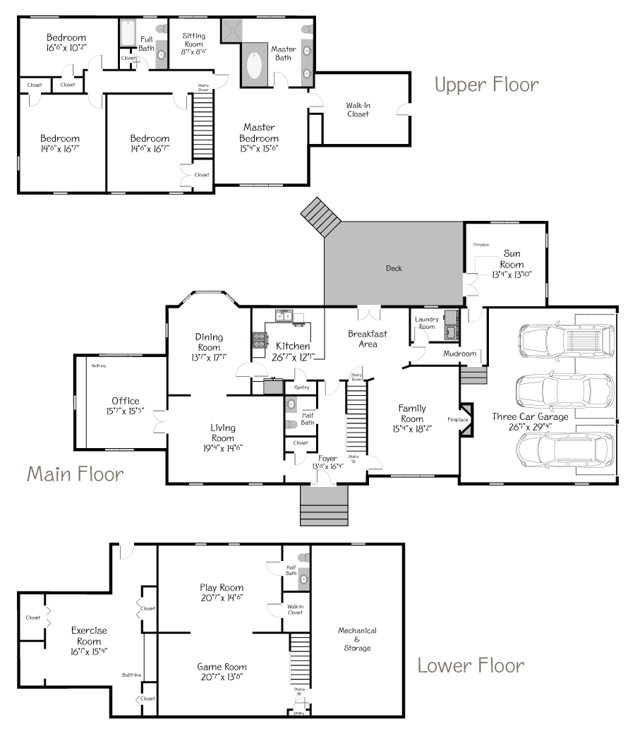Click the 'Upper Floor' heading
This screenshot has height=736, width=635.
(x=486, y=85)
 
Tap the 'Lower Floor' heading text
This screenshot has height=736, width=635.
(x=471, y=665)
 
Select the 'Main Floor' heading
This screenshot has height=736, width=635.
(x=75, y=473)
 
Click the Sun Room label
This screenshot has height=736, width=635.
(x=513, y=259)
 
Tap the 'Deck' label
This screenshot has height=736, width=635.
(x=394, y=268)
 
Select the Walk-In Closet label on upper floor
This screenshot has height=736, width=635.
(x=358, y=109)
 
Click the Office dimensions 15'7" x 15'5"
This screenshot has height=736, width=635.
(x=125, y=411)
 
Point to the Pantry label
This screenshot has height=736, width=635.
(x=302, y=387)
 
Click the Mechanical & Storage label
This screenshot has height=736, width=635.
(x=357, y=639)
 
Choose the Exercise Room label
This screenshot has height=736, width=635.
(x=89, y=636)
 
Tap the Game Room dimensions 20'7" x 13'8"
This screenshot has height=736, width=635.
(x=222, y=677)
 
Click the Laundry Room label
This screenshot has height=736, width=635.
(x=426, y=323)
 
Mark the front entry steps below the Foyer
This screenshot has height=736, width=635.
(x=324, y=505)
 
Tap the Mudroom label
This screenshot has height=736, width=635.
(x=460, y=354)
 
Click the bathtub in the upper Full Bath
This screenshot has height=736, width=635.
(x=128, y=32)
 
